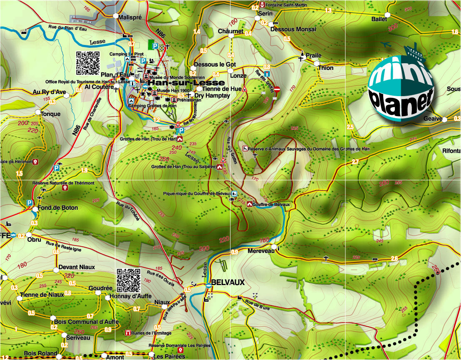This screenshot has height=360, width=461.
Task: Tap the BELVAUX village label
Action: tap(228, 282)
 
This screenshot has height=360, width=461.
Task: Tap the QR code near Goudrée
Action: tap(129, 280)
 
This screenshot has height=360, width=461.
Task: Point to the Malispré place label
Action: tap(130, 17)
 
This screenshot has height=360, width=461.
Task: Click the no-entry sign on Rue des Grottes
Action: tap(278, 89)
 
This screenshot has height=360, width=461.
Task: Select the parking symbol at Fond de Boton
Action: tap(30, 203)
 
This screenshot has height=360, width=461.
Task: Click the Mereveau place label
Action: tap(260, 251)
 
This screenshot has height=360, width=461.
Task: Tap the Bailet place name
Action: tap(379, 19)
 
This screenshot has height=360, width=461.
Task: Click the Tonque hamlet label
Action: tap(50, 114)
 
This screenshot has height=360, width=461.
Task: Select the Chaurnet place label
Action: tap(230, 31)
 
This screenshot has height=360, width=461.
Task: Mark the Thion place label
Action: tap(325, 68)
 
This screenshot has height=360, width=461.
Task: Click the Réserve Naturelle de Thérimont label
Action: tap(63, 183)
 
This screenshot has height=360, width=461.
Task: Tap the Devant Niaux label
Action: tap(77, 267)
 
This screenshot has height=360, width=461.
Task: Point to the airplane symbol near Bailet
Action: tap(387, 44)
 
